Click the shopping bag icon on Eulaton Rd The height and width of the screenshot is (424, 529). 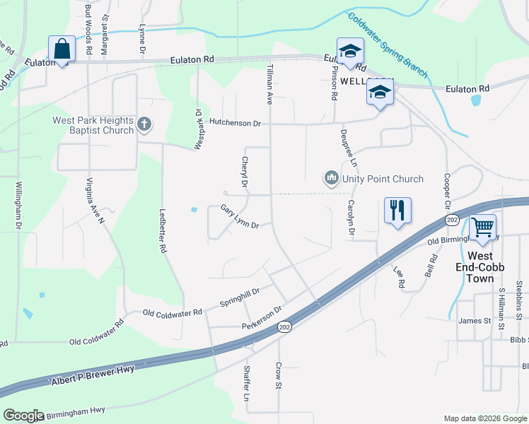pos(62,49)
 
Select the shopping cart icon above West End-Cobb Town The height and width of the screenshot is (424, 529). pos(482,228)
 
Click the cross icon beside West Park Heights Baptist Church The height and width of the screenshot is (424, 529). pos(144,125)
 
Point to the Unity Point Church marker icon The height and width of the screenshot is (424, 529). pos(331,179)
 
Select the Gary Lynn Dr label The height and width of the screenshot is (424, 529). pos(240,217)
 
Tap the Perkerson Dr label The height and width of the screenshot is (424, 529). pos(262,317)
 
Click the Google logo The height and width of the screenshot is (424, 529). pos(23,416)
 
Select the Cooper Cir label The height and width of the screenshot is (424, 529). pos(447,191)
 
